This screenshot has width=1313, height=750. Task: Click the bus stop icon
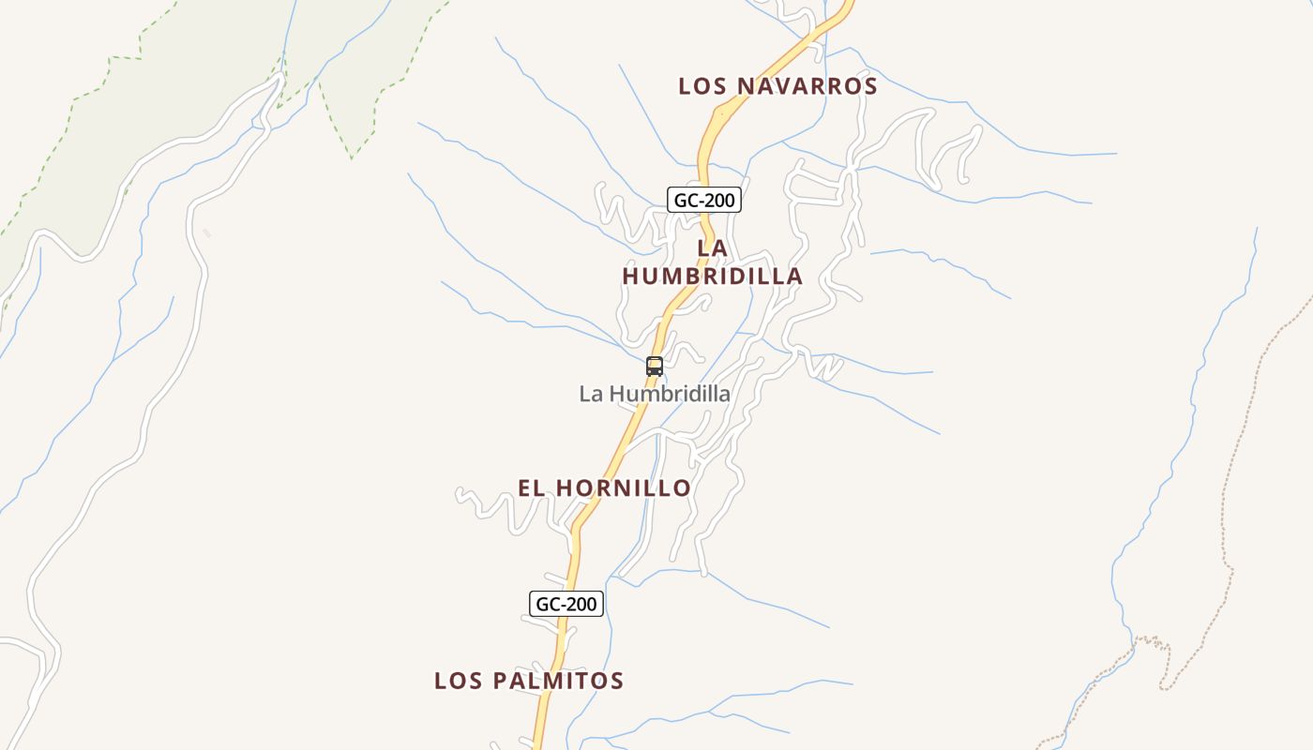655,367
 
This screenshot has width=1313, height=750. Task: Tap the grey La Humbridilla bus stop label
655,394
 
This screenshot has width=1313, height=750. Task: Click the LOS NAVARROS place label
777,86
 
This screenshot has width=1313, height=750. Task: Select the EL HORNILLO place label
605,488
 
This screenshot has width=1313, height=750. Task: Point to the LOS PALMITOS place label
529,681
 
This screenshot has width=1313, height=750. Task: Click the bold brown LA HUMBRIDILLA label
713,262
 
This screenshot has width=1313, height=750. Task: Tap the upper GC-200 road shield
704,200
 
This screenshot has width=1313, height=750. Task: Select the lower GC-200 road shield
566,604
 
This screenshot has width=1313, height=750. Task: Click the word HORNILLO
624,488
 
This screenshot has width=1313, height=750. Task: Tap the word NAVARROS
807,86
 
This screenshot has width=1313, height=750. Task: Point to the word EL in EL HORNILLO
532,488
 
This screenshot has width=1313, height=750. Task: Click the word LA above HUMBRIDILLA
713,248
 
